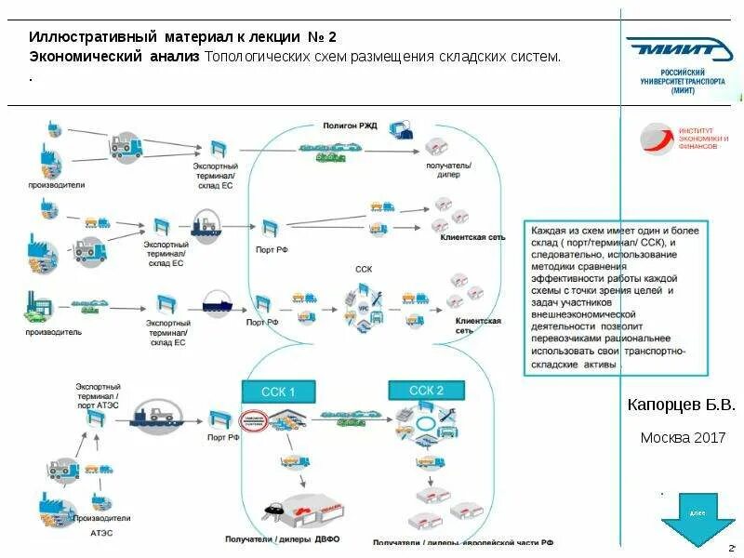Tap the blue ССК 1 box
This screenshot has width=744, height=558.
278,392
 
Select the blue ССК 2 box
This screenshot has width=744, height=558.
426,391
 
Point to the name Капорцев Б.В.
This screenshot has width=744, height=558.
681,405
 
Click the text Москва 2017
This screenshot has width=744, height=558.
683,437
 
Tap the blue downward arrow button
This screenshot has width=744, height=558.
697,522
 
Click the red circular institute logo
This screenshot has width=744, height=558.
654,139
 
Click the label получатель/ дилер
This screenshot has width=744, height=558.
448,170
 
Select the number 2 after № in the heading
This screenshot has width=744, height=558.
332,37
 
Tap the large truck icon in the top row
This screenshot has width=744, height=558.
126,145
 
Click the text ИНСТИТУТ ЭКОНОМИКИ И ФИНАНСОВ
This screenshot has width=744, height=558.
703,139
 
